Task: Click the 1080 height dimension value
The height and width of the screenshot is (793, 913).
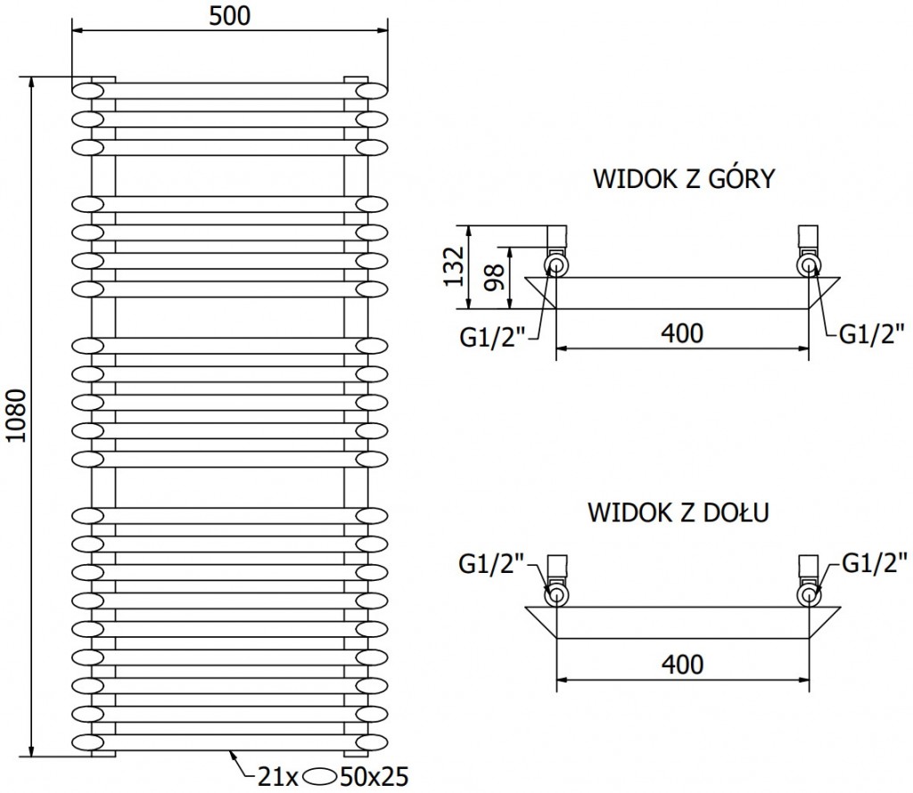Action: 14,416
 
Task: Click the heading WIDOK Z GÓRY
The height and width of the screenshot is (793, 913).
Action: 683,179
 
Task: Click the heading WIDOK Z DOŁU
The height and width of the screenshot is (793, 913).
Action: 678,514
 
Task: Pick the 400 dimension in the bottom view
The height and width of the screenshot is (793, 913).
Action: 682,664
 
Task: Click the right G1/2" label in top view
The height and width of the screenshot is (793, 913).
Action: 870,334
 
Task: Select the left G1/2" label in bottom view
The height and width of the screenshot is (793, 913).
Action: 492,564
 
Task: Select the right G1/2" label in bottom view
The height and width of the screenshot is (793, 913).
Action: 873,564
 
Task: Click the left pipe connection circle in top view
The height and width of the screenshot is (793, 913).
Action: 557,266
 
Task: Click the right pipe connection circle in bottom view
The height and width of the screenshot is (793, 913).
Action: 808,594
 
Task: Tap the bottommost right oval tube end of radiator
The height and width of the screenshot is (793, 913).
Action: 372,741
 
